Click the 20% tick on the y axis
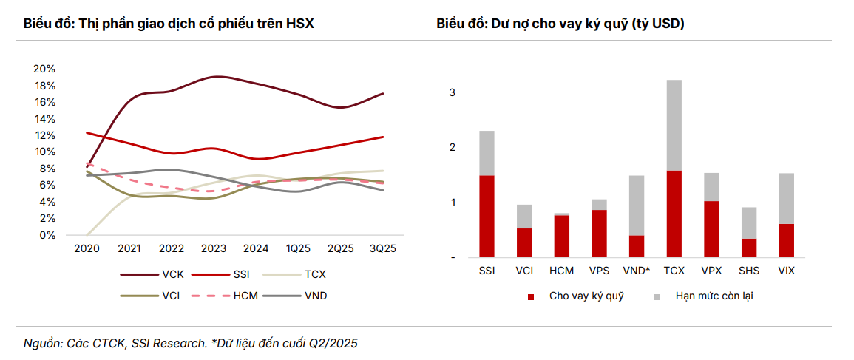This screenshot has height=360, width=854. click(x=44, y=69)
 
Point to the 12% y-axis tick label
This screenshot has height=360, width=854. click(x=44, y=135)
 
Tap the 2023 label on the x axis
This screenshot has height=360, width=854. click(x=214, y=249)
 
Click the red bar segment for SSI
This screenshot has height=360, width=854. click(x=487, y=216)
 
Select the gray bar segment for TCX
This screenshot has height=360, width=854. click(x=674, y=125)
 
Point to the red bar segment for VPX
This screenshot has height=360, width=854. click(x=711, y=229)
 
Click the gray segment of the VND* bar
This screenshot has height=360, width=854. click(x=637, y=206)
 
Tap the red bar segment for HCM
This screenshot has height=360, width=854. click(x=561, y=236)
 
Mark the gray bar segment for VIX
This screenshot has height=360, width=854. click(x=787, y=198)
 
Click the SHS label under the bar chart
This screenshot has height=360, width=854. click(x=749, y=271)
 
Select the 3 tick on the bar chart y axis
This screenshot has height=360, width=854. click(x=452, y=93)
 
